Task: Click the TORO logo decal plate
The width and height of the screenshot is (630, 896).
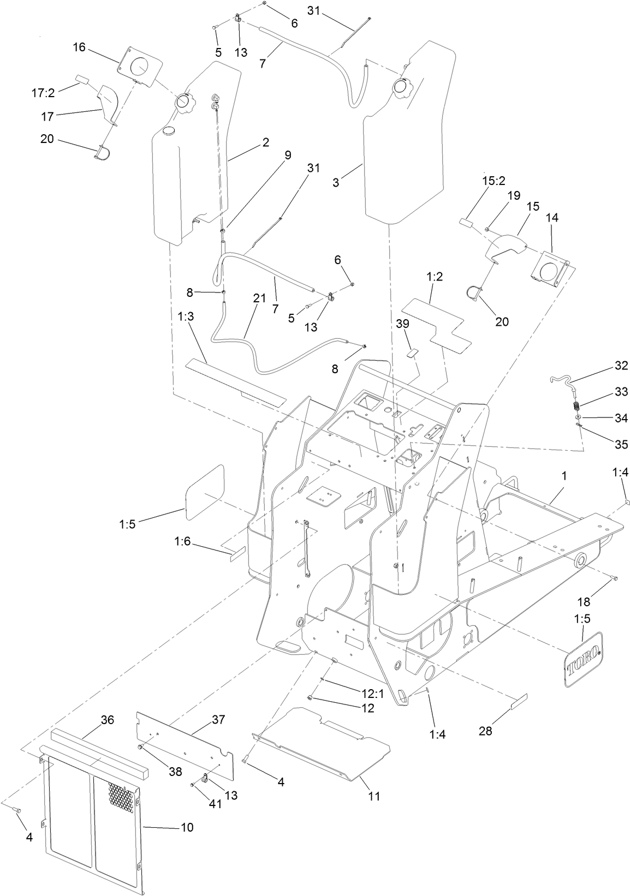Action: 583,658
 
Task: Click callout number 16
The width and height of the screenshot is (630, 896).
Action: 79,47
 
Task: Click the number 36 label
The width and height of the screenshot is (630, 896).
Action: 107,720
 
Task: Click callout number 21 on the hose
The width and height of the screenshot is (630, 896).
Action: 259,298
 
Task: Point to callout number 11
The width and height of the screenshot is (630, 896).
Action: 373,796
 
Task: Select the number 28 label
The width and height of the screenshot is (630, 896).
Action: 485,731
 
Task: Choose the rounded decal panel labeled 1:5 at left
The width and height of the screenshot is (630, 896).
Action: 205,493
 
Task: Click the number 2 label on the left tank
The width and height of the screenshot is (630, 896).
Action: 265,142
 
